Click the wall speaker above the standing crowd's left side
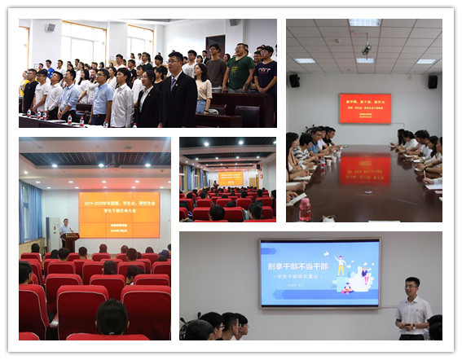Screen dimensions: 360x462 click(x=51, y=28)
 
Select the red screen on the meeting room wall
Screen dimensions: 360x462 click(x=364, y=108)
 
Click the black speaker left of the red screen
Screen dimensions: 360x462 click(x=294, y=81)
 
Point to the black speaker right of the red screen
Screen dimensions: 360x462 click(x=433, y=81)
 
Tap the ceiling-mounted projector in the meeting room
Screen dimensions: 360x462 click(x=365, y=50)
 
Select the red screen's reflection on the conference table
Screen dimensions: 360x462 click(x=364, y=169)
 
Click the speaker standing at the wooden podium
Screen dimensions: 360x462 click(x=66, y=229)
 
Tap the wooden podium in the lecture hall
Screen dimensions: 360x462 click(x=70, y=241)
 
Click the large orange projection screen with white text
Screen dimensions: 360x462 click(x=119, y=214)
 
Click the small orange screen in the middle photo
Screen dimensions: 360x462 click(x=231, y=178)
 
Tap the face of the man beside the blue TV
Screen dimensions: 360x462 click(x=413, y=286)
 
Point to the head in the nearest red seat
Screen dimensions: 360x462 click(x=112, y=316)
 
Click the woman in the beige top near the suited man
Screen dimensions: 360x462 click(x=202, y=90)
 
